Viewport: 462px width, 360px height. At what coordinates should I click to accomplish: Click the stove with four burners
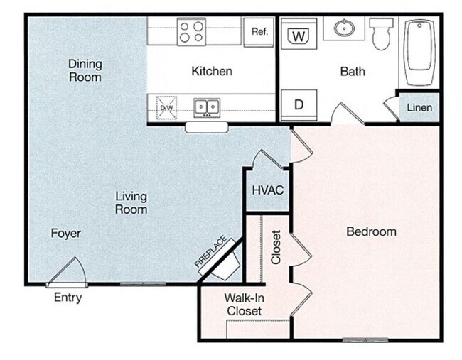(192, 31)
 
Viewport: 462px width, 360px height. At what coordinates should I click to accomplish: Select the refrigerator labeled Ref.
(259, 31)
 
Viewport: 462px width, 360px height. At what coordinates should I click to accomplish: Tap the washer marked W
(299, 35)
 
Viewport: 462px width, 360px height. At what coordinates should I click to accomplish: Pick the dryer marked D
(299, 104)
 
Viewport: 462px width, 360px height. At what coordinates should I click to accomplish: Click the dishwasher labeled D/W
(166, 107)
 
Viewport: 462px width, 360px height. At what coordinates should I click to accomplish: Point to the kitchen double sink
(207, 107)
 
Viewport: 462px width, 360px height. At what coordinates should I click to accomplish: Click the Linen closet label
(419, 107)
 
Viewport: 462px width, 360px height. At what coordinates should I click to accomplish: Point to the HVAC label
(268, 190)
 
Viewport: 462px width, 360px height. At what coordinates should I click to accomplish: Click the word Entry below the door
(68, 298)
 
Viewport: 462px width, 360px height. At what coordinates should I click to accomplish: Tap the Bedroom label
(371, 231)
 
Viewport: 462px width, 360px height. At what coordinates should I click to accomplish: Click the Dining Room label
(85, 70)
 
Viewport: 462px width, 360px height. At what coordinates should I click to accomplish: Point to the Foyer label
(65, 233)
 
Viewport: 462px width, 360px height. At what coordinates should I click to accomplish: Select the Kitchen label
(212, 71)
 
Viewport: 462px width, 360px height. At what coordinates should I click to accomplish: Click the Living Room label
(131, 202)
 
